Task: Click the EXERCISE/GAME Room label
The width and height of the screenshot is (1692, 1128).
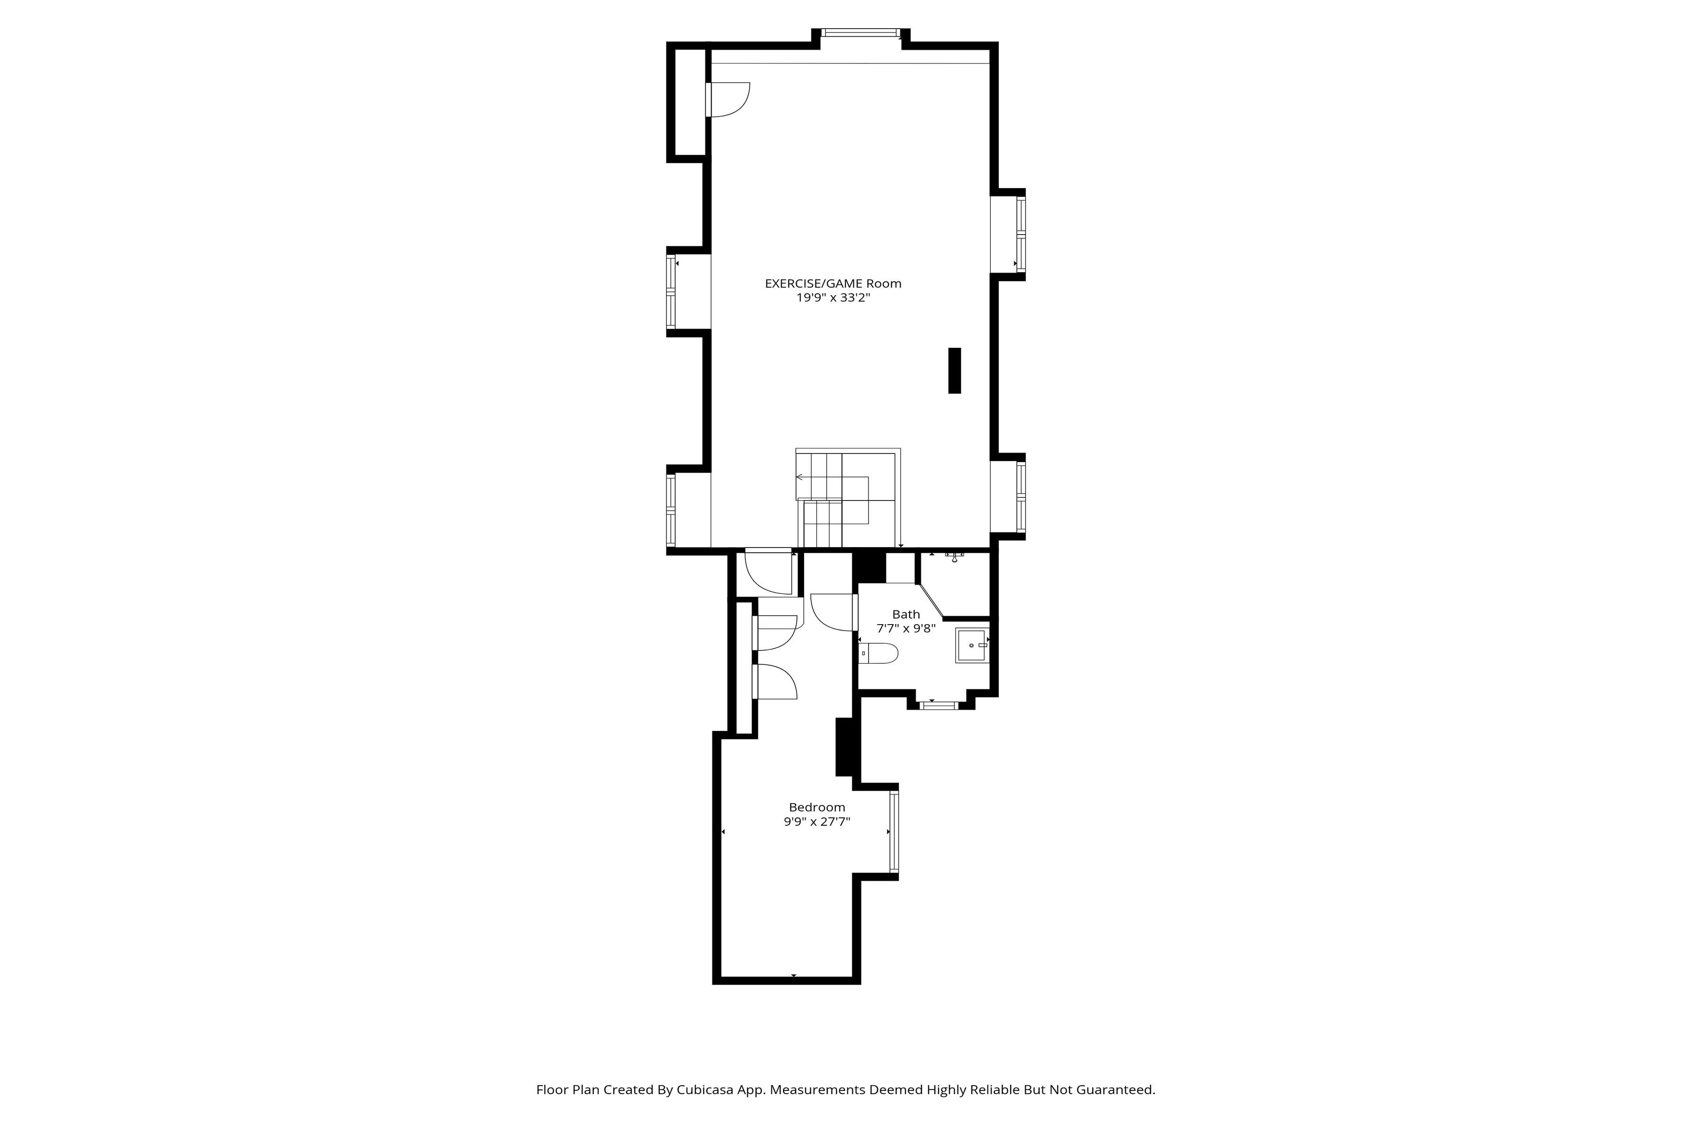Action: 832,283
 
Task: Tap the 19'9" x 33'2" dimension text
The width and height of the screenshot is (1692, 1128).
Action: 832,298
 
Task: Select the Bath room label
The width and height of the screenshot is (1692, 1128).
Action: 906,614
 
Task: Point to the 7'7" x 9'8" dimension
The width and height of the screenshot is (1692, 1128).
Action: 906,628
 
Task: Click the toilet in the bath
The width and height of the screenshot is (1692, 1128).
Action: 879,653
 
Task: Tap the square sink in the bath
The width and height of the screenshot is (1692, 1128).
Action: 972,645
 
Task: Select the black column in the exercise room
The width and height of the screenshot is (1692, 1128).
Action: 955,370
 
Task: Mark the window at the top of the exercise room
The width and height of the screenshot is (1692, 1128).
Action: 861,32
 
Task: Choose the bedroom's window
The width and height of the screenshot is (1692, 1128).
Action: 894,831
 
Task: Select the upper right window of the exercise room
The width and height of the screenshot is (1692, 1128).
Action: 1021,234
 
